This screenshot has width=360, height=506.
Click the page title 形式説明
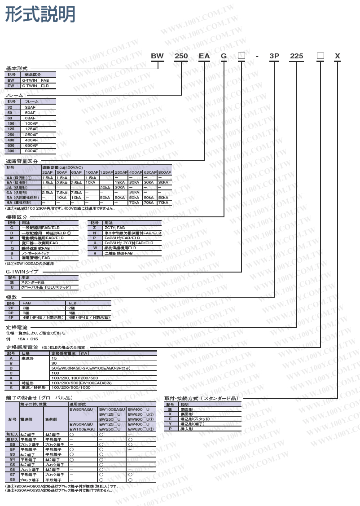point(40,15)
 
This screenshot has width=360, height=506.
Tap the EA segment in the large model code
point(204,56)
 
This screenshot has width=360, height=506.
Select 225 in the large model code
point(297,56)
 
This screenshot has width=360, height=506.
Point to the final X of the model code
point(338,56)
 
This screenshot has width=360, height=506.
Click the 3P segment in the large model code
point(274,56)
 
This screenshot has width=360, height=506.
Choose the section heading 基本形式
point(17,68)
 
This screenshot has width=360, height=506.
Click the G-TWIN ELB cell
point(35,85)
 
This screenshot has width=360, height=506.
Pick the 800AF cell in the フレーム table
point(31,151)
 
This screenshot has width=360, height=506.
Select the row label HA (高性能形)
point(22,202)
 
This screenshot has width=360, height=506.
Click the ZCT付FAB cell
point(115,228)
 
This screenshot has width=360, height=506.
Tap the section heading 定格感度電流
point(22,348)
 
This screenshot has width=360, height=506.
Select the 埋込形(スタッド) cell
point(194,419)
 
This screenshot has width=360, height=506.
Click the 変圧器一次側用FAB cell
point(40,243)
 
